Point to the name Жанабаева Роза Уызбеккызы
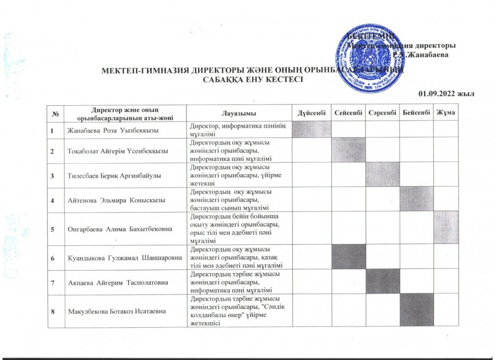(112, 130)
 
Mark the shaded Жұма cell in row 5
(446, 227)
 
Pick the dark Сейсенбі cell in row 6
(348, 257)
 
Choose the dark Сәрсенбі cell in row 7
(382, 281)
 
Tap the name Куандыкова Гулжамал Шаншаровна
(123, 257)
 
